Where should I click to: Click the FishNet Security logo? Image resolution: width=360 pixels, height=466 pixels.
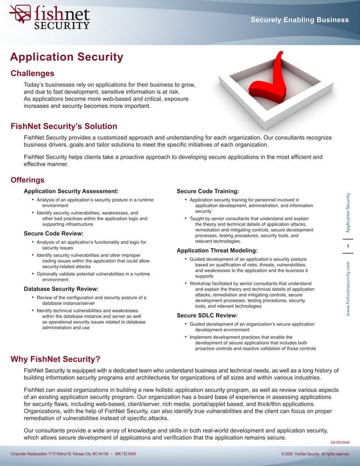tap(50, 17)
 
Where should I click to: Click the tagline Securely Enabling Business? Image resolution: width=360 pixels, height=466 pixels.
tap(300, 20)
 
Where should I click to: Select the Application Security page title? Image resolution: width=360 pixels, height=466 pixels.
tap(67, 58)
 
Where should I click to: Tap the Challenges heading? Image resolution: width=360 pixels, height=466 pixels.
tap(33, 73)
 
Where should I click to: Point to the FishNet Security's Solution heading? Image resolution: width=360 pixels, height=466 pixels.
tap(64, 126)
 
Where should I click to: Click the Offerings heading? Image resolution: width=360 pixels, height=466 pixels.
tap(28, 181)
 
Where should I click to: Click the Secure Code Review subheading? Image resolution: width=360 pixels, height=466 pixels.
tap(54, 234)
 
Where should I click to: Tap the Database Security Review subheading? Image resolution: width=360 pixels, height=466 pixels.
tap(61, 289)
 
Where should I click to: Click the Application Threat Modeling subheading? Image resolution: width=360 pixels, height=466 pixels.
tap(217, 250)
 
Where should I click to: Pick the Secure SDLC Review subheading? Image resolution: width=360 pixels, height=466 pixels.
tap(207, 315)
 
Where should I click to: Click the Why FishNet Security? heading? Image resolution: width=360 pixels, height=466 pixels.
tap(56, 359)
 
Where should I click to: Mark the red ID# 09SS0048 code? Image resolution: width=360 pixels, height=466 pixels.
tap(340, 443)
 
